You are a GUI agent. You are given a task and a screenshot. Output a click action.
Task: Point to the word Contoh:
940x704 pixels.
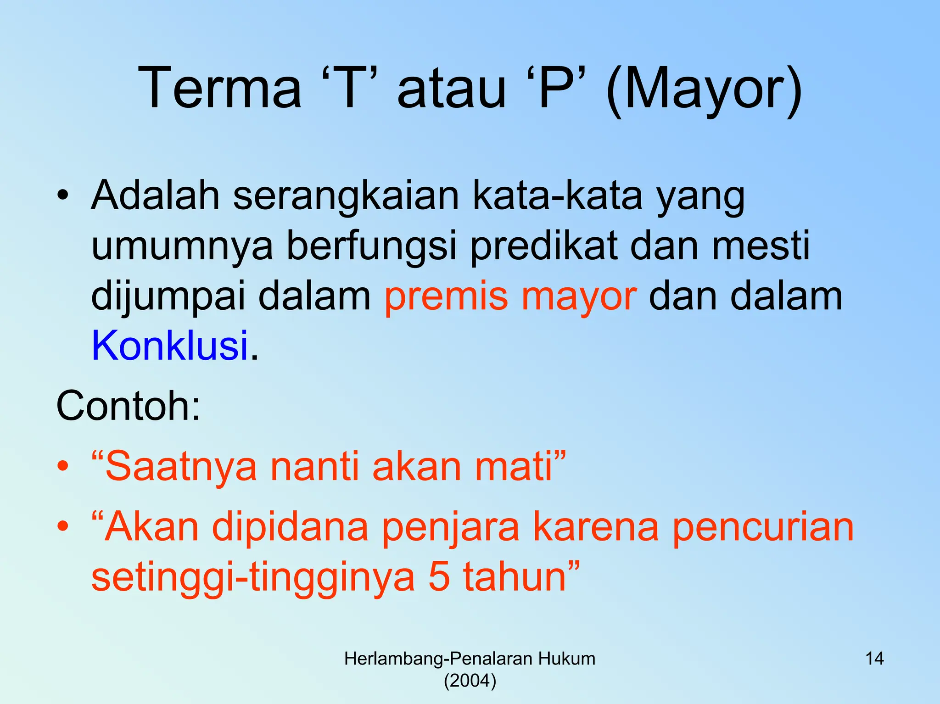129,406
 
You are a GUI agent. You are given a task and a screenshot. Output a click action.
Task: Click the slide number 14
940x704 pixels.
874,659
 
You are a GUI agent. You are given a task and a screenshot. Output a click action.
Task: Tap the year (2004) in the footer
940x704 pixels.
470,681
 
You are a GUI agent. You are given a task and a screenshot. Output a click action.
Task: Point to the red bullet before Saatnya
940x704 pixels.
63,467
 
